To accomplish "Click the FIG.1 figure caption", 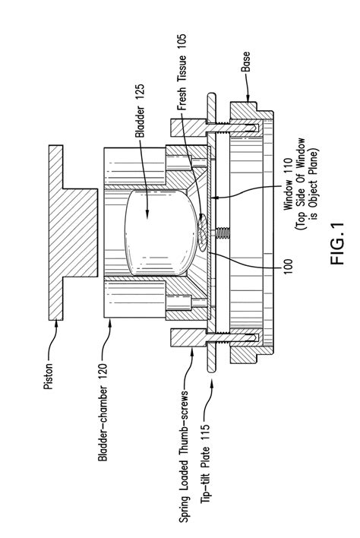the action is (337, 243).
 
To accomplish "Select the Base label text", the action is (246, 62).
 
